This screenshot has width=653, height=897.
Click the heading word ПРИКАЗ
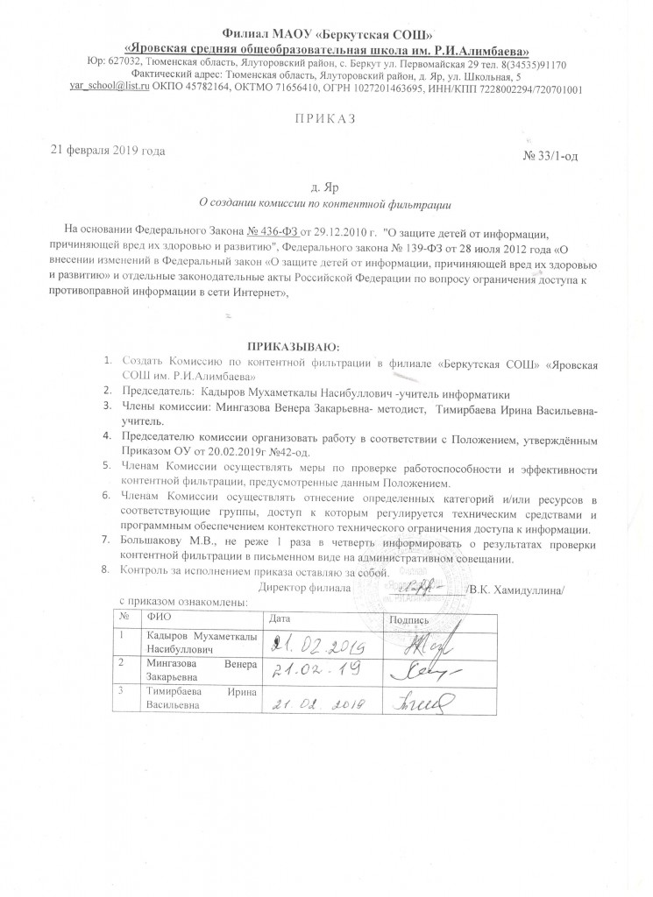point(326,117)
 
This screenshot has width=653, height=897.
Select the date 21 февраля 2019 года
point(110,150)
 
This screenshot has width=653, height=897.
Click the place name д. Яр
point(325,187)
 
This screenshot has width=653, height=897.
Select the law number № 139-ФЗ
point(404,248)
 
